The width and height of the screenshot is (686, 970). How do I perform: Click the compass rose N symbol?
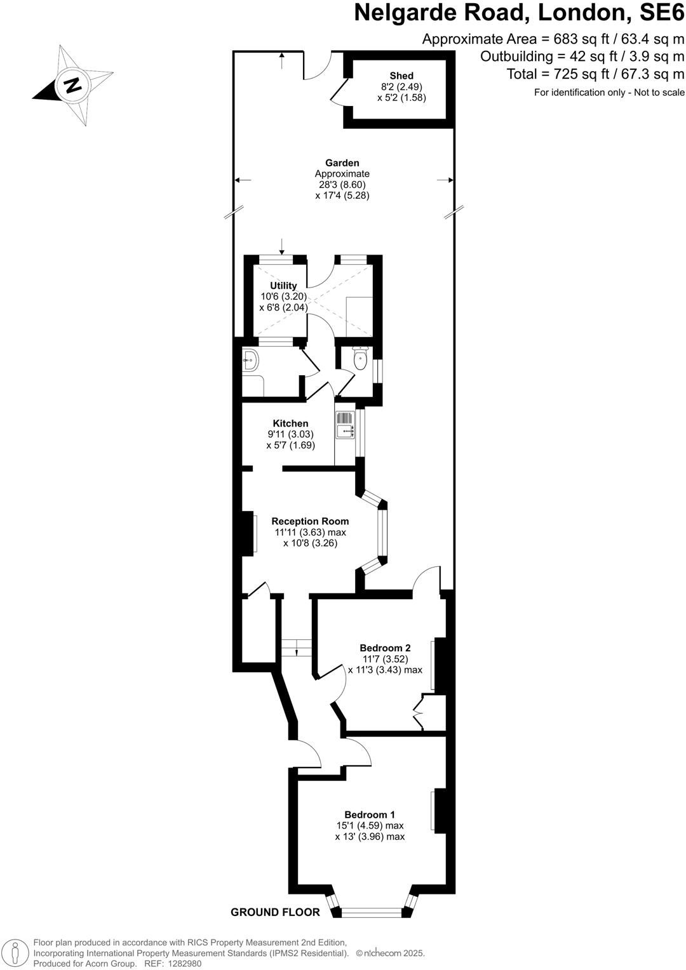[72, 85]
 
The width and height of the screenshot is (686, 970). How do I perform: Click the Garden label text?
[342, 163]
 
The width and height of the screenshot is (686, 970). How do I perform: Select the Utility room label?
[283, 286]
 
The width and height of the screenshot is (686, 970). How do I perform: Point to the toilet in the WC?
[360, 360]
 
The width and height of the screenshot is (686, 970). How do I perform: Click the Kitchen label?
[290, 423]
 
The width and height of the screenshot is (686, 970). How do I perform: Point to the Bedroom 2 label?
[385, 648]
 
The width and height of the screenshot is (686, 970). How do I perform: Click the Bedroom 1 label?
[370, 814]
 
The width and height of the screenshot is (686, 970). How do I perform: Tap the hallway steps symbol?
[297, 648]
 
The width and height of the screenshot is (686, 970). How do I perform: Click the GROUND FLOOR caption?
[275, 912]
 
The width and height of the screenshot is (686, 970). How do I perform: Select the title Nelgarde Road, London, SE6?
[519, 13]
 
